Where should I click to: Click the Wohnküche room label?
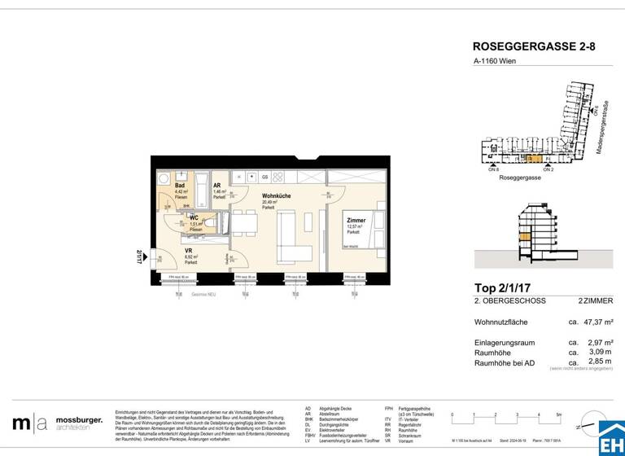tap(277, 196)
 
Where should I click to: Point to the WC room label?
tap(194, 218)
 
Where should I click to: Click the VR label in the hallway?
tap(189, 251)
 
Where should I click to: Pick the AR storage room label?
tap(217, 186)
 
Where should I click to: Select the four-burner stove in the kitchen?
tap(279, 177)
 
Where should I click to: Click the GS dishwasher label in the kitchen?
tap(264, 177)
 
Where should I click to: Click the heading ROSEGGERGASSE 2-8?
tap(534, 47)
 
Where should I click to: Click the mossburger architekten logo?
tap(57, 423)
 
